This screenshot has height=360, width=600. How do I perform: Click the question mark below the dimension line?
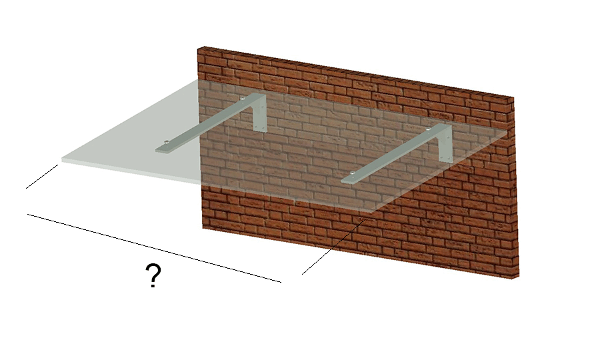point(153,275)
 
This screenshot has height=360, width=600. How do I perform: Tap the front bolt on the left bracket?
point(167,142)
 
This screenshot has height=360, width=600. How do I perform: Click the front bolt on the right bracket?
point(353,174)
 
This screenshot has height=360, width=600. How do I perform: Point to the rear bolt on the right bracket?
point(429,129)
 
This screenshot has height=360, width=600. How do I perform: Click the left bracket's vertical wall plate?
point(261,113)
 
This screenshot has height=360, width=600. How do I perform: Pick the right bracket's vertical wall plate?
point(446,143)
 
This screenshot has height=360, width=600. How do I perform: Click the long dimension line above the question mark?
point(154,248)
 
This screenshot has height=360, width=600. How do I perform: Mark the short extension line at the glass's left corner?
point(42,177)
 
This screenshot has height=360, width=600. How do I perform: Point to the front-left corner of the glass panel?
point(62,159)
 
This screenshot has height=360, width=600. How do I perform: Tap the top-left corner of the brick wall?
point(198,49)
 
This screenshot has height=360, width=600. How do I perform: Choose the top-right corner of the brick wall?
point(513,97)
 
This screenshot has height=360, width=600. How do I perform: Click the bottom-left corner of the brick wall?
point(203,229)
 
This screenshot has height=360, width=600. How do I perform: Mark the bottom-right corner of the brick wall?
point(519,276)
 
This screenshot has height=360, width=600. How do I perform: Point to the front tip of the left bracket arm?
point(156,151)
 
